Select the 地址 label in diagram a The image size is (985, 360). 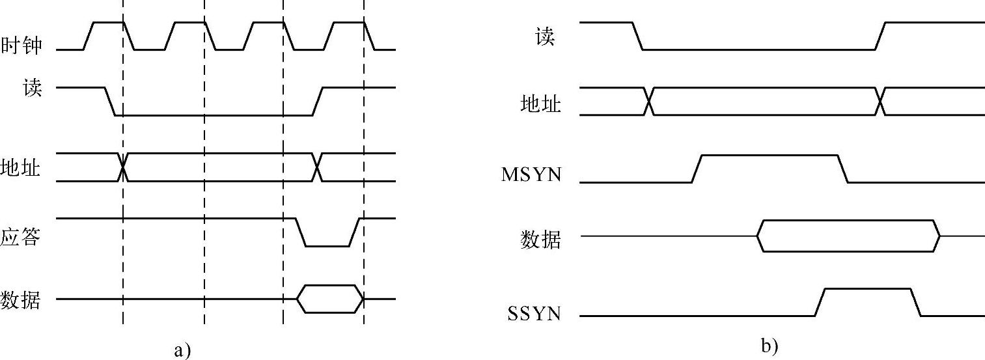(21, 169)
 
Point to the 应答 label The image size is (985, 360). (21, 238)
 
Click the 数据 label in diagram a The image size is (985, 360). (21, 300)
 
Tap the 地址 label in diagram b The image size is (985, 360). (540, 104)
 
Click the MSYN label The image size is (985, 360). (531, 174)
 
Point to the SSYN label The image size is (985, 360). (534, 315)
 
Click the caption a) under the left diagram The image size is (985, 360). (183, 350)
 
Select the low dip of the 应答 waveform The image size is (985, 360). (327, 245)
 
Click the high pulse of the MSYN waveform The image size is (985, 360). (769, 156)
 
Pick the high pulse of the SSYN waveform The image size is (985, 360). (867, 289)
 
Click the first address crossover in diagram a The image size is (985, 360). (122, 167)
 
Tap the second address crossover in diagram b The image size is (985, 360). (880, 102)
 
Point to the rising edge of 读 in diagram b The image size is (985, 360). (880, 35)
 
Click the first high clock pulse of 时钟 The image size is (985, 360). (108, 23)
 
